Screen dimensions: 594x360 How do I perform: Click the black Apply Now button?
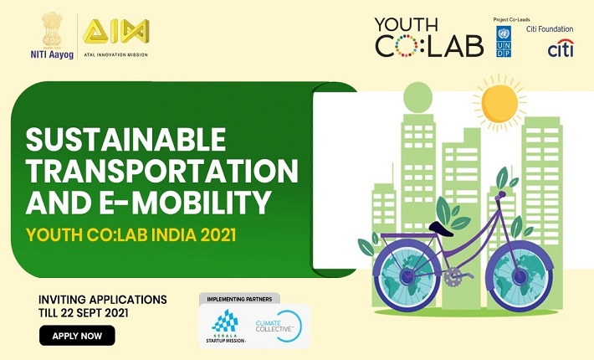[77, 336]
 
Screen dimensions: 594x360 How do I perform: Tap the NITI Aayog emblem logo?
[52, 30]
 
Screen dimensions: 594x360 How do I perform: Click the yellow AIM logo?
[116, 31]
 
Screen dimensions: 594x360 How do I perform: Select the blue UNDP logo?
[504, 42]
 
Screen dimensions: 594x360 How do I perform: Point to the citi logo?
[561, 48]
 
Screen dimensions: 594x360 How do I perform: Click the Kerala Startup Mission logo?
[225, 326]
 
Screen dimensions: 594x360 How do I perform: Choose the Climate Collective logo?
[279, 327]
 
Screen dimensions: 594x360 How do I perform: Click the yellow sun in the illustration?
[499, 103]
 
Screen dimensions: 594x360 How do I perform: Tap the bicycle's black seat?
[441, 229]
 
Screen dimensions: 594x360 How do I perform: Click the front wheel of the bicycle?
[520, 276]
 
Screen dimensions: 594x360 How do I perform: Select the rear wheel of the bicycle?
[407, 276]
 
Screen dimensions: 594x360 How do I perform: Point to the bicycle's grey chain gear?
[453, 276]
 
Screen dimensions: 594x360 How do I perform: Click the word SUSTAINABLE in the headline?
[125, 140]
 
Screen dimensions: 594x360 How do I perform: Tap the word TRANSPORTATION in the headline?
[162, 172]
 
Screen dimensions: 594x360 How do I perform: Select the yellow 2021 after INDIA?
[218, 235]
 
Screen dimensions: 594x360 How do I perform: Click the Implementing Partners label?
[239, 299]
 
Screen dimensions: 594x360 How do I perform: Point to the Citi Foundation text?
[550, 28]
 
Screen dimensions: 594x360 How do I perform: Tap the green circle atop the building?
[417, 98]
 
